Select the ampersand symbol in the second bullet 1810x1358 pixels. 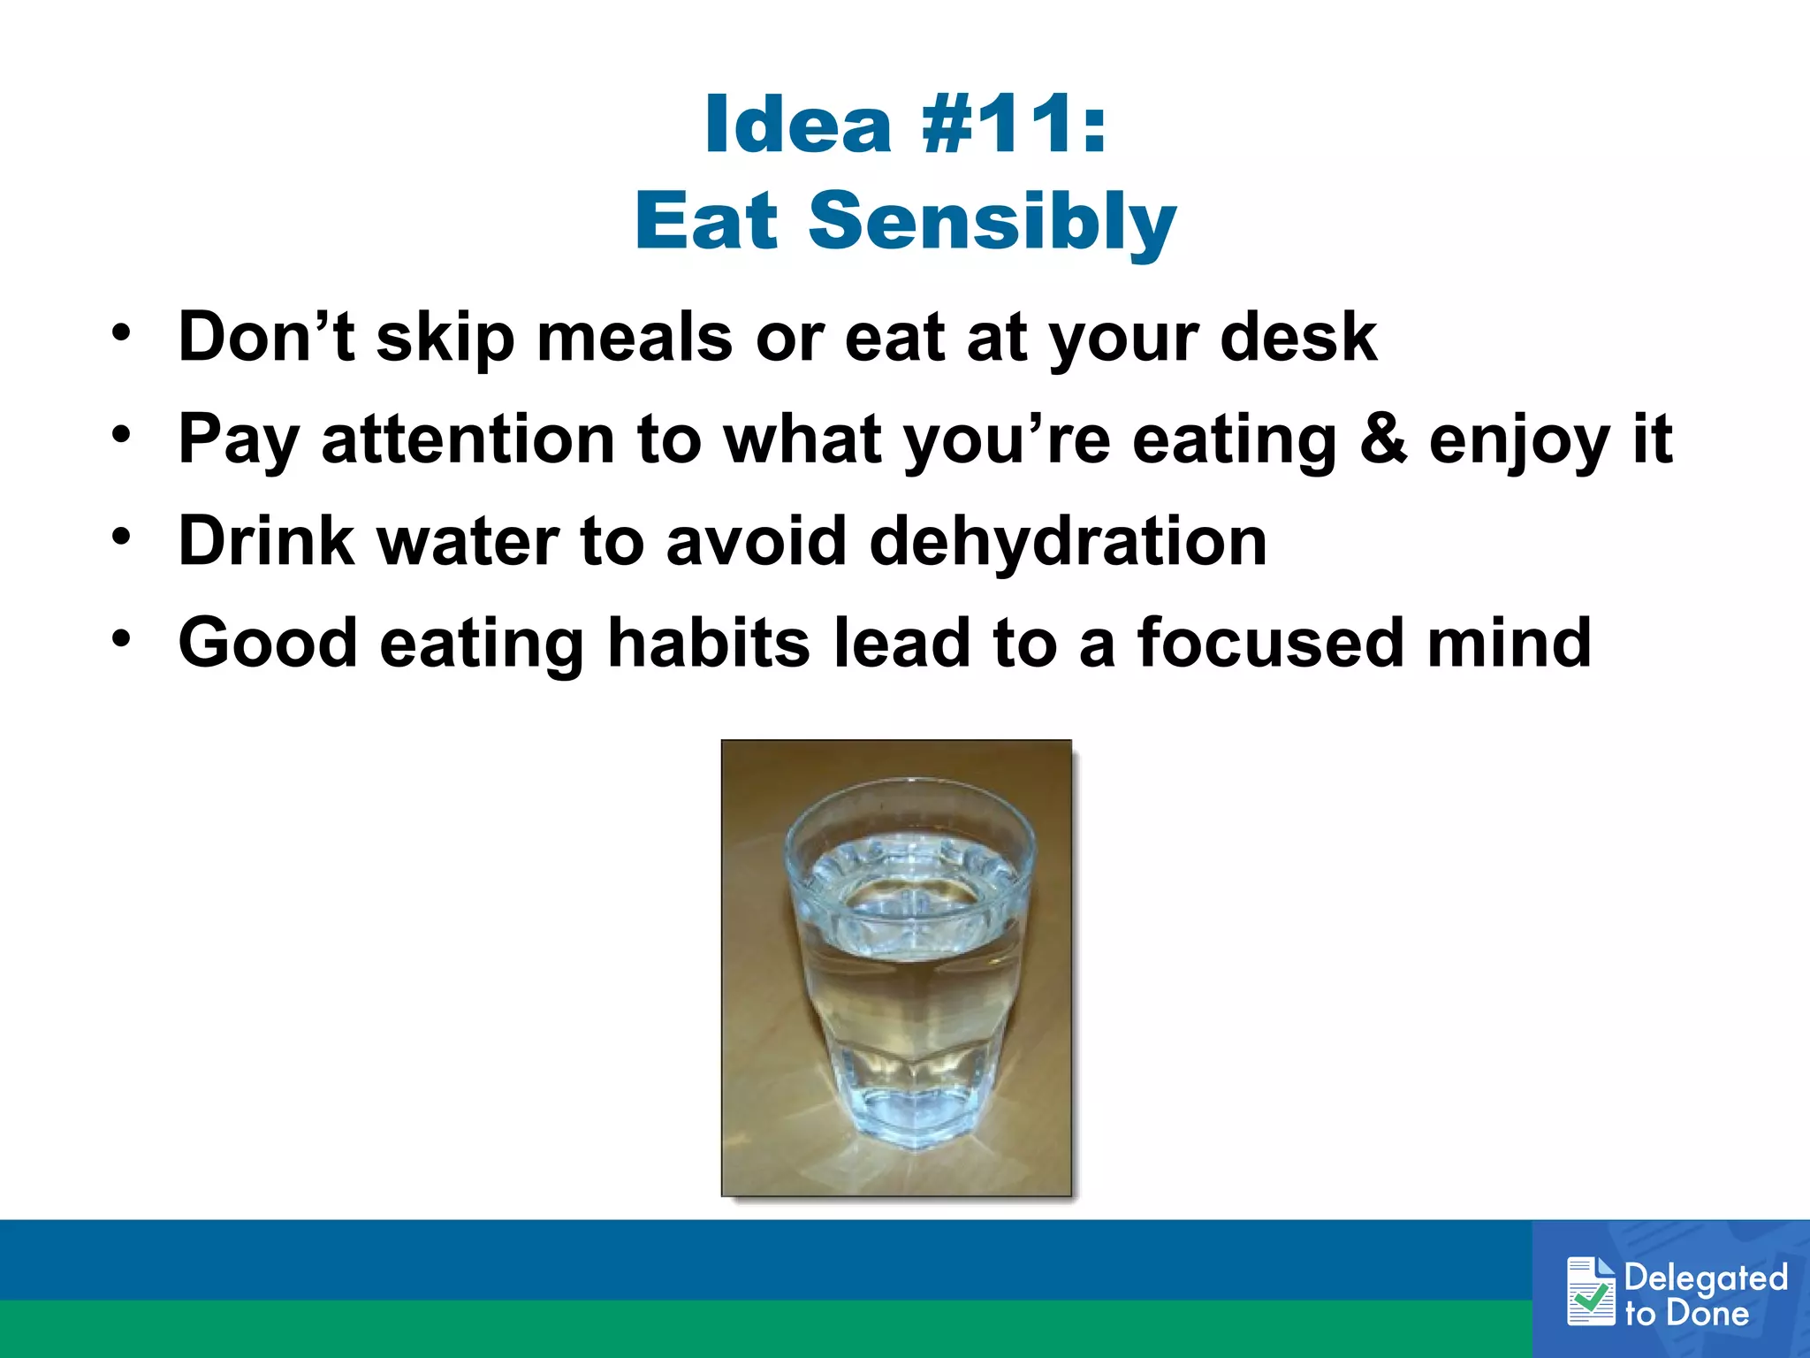[1383, 439]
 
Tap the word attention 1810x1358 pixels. [468, 439]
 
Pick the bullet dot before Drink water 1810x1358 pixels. [121, 536]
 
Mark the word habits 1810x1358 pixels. [708, 643]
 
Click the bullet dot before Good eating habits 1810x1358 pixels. [121, 637]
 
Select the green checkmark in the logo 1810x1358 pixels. [1590, 1299]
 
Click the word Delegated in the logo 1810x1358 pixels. [1705, 1278]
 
